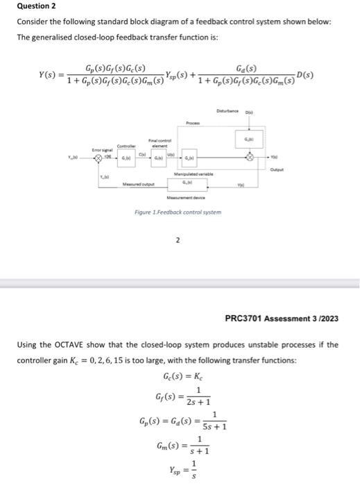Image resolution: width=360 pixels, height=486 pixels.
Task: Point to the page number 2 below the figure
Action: (178, 241)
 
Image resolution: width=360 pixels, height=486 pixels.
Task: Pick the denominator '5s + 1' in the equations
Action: (213, 426)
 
